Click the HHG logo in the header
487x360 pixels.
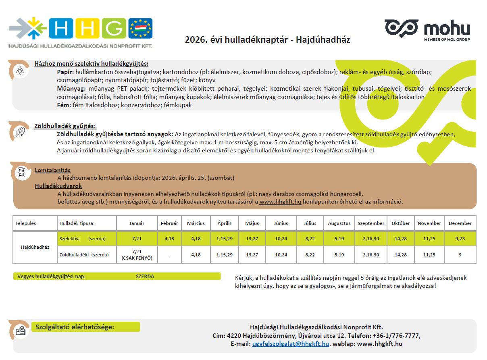coord(81,32)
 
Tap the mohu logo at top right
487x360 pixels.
coord(428,29)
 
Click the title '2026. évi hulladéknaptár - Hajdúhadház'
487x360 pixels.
coord(267,40)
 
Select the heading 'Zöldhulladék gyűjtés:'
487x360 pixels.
coord(65,126)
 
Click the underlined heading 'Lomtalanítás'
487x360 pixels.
coord(52,170)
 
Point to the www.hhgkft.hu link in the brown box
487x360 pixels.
coord(280,202)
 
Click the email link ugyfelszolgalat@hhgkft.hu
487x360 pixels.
coord(291,344)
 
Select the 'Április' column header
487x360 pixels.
coord(225,223)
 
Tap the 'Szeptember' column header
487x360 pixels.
coord(371,223)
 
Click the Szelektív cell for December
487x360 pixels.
coord(460,239)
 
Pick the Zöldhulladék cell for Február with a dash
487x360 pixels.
coord(169,255)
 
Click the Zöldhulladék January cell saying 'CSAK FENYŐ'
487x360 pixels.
coord(137,255)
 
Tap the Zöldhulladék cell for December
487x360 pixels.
coord(460,255)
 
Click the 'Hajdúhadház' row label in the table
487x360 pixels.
coord(35,247)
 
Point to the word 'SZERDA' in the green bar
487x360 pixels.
coord(145,277)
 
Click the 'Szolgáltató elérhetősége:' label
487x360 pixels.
coord(75,327)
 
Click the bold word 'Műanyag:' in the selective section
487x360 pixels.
coord(71,88)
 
